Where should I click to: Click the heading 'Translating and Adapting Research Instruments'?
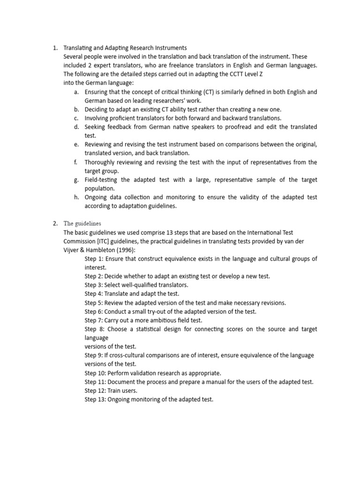point(125,48)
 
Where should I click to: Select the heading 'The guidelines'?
point(82,223)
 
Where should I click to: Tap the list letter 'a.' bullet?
point(76,92)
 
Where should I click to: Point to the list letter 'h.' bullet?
point(76,197)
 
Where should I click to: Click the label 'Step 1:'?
point(95,259)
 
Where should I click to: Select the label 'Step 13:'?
point(97,399)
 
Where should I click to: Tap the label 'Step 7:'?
point(95,320)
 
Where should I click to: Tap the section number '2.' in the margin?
point(55,223)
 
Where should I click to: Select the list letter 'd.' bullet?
point(76,127)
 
